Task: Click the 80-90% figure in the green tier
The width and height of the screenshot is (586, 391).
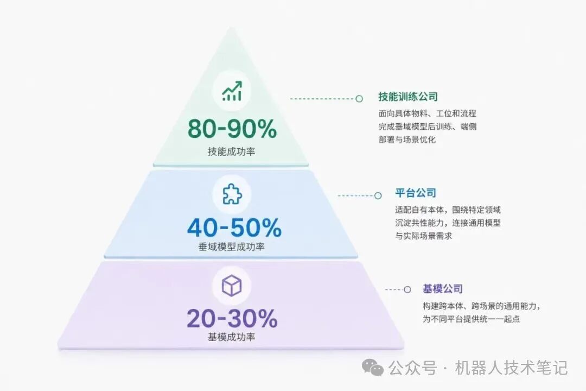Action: coord(232,129)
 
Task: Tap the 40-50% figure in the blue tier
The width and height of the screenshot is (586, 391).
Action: coord(234,228)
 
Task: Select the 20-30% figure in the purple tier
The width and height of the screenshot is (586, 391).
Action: coord(232,318)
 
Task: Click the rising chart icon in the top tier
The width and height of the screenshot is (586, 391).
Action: coord(232,91)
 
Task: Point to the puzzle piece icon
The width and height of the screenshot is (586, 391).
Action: coord(232,194)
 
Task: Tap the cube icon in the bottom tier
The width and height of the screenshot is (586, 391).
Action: coord(232,286)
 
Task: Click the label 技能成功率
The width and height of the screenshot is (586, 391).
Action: coord(231,152)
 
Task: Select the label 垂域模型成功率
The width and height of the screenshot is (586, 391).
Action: coord(231,247)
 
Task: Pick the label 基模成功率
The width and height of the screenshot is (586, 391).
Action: coord(231,337)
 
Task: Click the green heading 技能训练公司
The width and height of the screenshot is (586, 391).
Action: coord(407,97)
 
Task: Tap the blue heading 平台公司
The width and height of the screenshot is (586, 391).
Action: coord(416,193)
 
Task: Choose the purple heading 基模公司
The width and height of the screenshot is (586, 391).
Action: coord(443,289)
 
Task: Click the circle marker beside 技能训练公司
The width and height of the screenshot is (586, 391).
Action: coord(359,99)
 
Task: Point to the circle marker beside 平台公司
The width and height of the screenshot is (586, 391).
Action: coord(378,195)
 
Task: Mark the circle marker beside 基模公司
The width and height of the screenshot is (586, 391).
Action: coord(407,289)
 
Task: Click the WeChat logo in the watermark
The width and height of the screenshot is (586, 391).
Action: coord(373,368)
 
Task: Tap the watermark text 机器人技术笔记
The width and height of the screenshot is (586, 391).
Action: coord(511,368)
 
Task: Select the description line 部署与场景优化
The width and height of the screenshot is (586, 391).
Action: coord(407,140)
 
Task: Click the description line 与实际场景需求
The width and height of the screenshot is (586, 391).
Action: coord(424,236)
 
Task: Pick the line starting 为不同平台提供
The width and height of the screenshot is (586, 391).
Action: coord(472,319)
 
